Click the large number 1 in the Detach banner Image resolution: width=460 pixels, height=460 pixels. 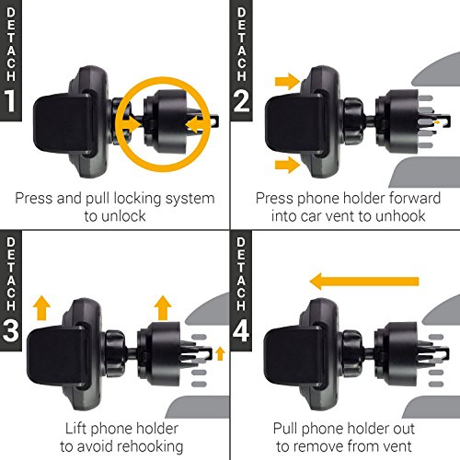tap(11, 101)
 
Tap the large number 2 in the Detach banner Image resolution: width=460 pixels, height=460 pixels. tap(241, 101)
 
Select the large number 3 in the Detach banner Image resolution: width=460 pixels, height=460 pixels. tap(11, 330)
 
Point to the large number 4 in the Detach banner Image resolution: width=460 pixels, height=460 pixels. tap(241, 330)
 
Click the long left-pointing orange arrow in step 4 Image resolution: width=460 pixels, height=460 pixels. tap(364, 282)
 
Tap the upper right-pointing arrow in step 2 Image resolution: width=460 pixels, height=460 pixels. tap(287, 82)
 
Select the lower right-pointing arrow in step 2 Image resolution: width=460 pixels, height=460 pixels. tap(287, 165)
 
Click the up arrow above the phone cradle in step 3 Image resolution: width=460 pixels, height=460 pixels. tap(41, 308)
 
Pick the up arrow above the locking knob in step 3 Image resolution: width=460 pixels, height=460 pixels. tap(163, 308)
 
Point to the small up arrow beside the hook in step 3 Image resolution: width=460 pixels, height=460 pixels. tap(220, 353)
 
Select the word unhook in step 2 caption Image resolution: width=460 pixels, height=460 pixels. tap(400, 216)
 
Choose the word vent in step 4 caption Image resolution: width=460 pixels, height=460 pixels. tap(397, 446)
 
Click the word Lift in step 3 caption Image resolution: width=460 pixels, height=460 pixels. tap(75, 428)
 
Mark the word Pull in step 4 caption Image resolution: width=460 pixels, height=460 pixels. tap(285, 428)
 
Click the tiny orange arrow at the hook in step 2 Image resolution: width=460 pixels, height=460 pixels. tap(437, 122)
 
